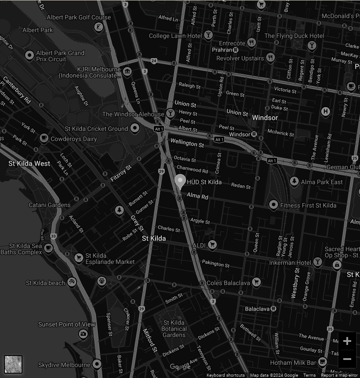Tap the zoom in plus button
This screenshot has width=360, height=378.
point(347,341)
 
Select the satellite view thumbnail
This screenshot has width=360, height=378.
point(13,364)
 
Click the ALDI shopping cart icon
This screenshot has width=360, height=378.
point(212,245)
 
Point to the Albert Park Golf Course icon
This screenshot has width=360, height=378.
point(100,28)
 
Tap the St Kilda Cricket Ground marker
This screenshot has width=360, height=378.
point(134,129)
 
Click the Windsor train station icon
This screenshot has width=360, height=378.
point(254,134)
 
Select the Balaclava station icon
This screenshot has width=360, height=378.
point(274,308)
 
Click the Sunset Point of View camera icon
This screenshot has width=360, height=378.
point(83,334)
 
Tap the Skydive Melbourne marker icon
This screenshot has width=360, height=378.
point(96,364)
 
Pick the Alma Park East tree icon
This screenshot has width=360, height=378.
point(294,182)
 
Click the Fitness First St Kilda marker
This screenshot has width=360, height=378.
point(273,205)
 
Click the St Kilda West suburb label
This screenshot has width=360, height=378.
point(30,163)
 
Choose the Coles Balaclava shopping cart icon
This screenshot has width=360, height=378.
point(256,282)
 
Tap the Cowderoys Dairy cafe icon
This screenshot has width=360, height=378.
point(44,138)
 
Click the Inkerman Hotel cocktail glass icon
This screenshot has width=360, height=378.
point(317,263)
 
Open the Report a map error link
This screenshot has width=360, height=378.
point(339,375)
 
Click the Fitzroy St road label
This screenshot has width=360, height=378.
point(121,174)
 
